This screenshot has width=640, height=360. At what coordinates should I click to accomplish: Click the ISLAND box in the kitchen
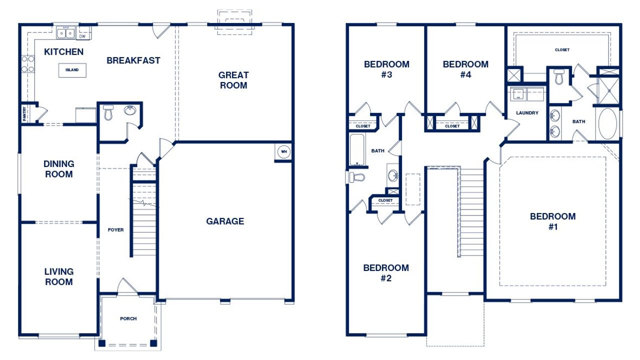coord(71,70)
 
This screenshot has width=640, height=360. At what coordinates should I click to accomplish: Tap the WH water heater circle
coord(283,152)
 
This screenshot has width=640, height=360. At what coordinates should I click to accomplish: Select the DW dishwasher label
coord(82,36)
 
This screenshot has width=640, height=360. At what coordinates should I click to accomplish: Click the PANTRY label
coord(24,113)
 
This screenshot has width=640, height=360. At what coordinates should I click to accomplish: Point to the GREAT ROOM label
coord(233,80)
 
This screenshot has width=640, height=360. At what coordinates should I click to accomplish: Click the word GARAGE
coord(225,221)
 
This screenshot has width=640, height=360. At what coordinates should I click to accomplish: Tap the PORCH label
coord(128,318)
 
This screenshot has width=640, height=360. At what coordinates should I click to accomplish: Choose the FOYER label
coord(115,230)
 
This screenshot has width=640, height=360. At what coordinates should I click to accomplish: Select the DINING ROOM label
coord(58,169)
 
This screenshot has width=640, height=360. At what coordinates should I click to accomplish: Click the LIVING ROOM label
coord(58,276)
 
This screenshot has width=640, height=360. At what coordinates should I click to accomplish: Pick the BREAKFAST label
coord(133,60)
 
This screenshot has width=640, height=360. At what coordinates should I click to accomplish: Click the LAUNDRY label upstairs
coord(527,113)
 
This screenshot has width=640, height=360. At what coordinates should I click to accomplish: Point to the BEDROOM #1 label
coord(552,221)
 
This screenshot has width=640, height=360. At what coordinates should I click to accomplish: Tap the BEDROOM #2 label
coord(385,273)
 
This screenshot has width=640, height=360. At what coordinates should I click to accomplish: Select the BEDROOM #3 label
coord(386,69)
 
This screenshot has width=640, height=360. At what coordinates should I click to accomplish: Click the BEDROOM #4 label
coord(465,69)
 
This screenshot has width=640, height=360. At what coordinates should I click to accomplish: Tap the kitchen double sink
coord(65,33)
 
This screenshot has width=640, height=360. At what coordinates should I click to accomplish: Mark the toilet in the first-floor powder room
coord(108,113)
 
